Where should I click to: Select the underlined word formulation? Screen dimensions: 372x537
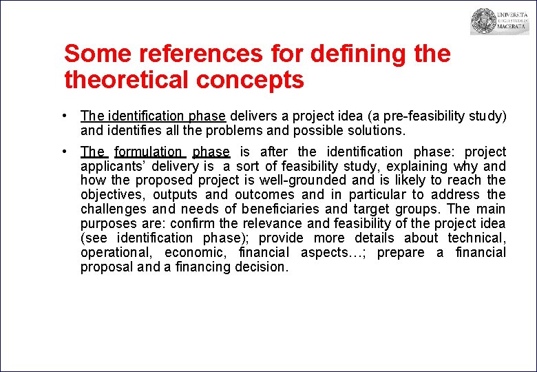148,152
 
